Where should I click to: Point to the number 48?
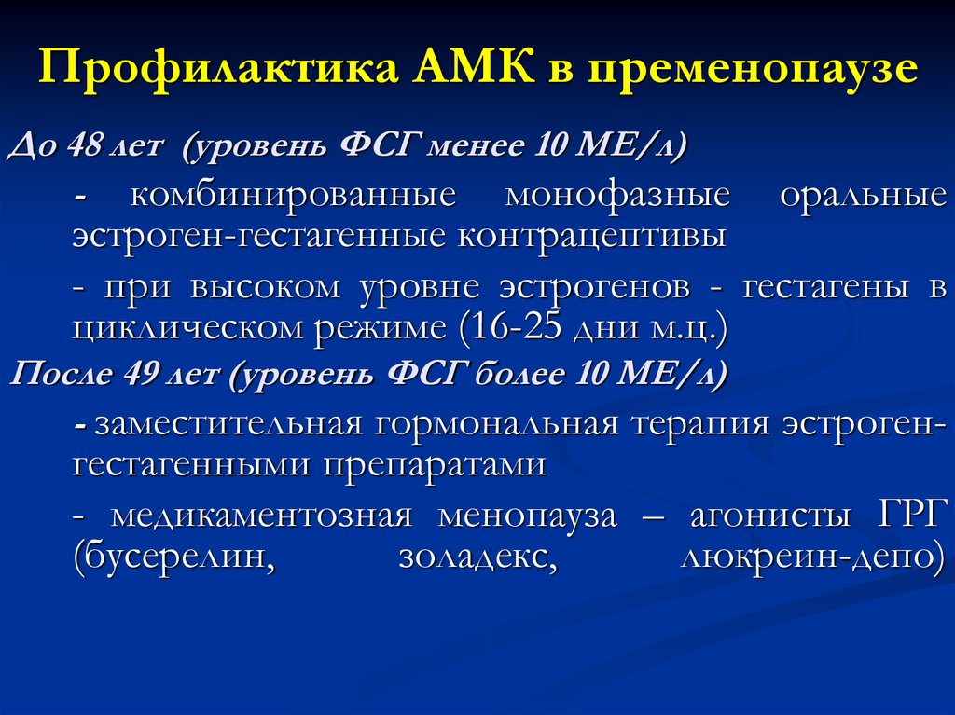click(85, 144)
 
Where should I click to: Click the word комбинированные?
click(294, 196)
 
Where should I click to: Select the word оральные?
click(864, 196)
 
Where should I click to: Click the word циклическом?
click(190, 328)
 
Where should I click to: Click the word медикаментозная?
click(262, 516)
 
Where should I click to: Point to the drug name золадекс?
click(478, 557)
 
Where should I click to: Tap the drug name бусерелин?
click(174, 557)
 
